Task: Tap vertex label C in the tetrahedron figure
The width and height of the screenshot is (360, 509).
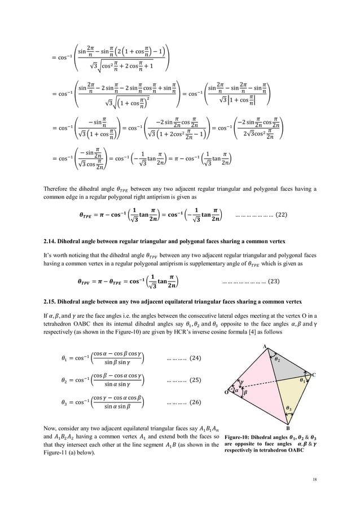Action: pos(314,375)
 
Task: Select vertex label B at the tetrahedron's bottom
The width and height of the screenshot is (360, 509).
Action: pos(289,428)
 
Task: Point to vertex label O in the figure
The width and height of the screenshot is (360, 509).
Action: pos(227,392)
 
